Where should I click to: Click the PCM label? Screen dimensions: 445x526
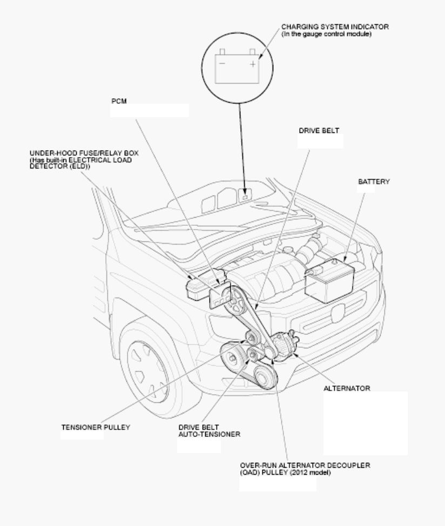click(x=119, y=101)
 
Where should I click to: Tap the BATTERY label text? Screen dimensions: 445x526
click(x=374, y=181)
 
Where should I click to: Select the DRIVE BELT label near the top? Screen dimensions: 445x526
click(x=319, y=131)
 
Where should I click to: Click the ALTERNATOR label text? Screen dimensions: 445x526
click(x=347, y=388)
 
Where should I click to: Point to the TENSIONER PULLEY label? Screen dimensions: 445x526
click(x=96, y=427)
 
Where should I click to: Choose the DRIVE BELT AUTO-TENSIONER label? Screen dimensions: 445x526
click(x=209, y=431)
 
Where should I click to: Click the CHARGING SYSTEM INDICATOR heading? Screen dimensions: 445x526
click(x=335, y=27)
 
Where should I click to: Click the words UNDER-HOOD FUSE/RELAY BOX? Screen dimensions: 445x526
click(x=84, y=153)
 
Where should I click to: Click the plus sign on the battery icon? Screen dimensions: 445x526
click(x=253, y=64)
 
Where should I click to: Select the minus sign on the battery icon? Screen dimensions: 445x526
click(x=222, y=63)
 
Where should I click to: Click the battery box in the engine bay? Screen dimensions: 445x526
click(x=330, y=281)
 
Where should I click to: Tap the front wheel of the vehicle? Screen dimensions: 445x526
click(x=148, y=370)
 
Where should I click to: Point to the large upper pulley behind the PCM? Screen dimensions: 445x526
click(x=234, y=299)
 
